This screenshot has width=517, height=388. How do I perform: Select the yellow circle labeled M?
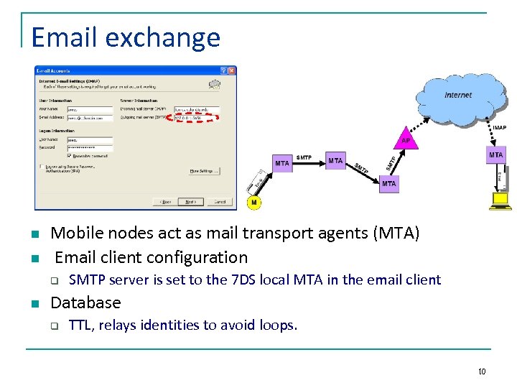253,203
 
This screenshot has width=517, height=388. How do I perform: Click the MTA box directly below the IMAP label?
495,154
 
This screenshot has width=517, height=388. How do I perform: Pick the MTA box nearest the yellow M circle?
282,163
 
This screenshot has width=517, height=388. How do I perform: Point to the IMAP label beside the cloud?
500,127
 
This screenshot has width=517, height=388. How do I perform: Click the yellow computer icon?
498,200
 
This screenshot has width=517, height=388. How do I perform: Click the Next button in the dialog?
190,202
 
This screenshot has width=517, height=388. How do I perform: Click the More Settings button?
204,171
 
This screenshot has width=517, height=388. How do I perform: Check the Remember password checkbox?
69,155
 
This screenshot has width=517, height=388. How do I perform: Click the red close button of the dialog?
232,71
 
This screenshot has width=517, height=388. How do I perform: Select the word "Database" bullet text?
85,302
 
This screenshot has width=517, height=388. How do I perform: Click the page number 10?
481,371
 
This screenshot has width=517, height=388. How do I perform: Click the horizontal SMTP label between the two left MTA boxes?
304,157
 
